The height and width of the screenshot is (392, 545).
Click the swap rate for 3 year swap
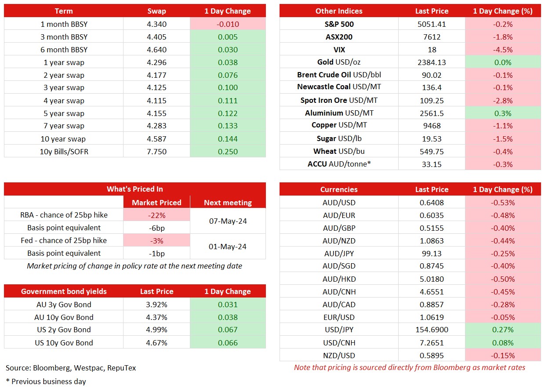[156, 87]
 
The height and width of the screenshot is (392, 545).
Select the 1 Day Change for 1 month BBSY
[228, 24]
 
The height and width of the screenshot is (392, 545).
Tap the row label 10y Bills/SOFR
[64, 152]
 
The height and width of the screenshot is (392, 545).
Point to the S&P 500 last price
[432, 24]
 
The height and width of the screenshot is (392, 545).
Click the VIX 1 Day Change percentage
[503, 50]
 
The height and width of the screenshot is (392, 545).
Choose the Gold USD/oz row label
[339, 62]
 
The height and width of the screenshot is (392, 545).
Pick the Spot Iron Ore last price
[432, 101]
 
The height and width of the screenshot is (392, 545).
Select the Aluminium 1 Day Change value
[503, 113]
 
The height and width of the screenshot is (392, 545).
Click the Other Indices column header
[339, 11]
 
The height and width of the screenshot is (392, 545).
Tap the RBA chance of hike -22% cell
[156, 215]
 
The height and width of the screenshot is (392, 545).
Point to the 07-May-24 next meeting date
[228, 221]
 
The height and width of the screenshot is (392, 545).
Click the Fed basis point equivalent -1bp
[156, 254]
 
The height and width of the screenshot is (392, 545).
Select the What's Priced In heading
[135, 189]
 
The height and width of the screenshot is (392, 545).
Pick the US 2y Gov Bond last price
[156, 330]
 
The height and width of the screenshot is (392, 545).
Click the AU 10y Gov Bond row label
[64, 317]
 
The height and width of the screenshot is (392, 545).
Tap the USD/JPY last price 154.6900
[432, 330]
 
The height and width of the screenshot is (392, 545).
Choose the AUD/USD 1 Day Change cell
[503, 203]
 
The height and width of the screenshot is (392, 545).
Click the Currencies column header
[339, 189]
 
